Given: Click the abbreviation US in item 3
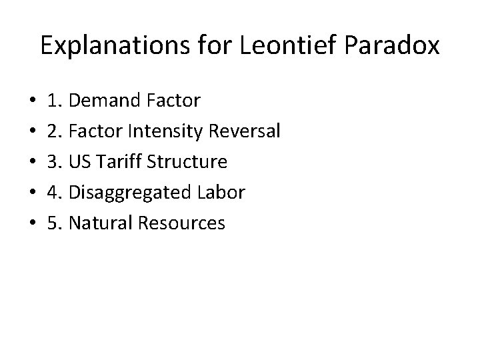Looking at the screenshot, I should (x=80, y=162).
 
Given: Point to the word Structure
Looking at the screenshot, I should (x=189, y=162).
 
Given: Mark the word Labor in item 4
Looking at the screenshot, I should (x=221, y=193).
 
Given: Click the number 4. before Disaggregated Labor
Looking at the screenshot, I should (x=55, y=193).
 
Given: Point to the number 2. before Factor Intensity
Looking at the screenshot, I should (x=55, y=132).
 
